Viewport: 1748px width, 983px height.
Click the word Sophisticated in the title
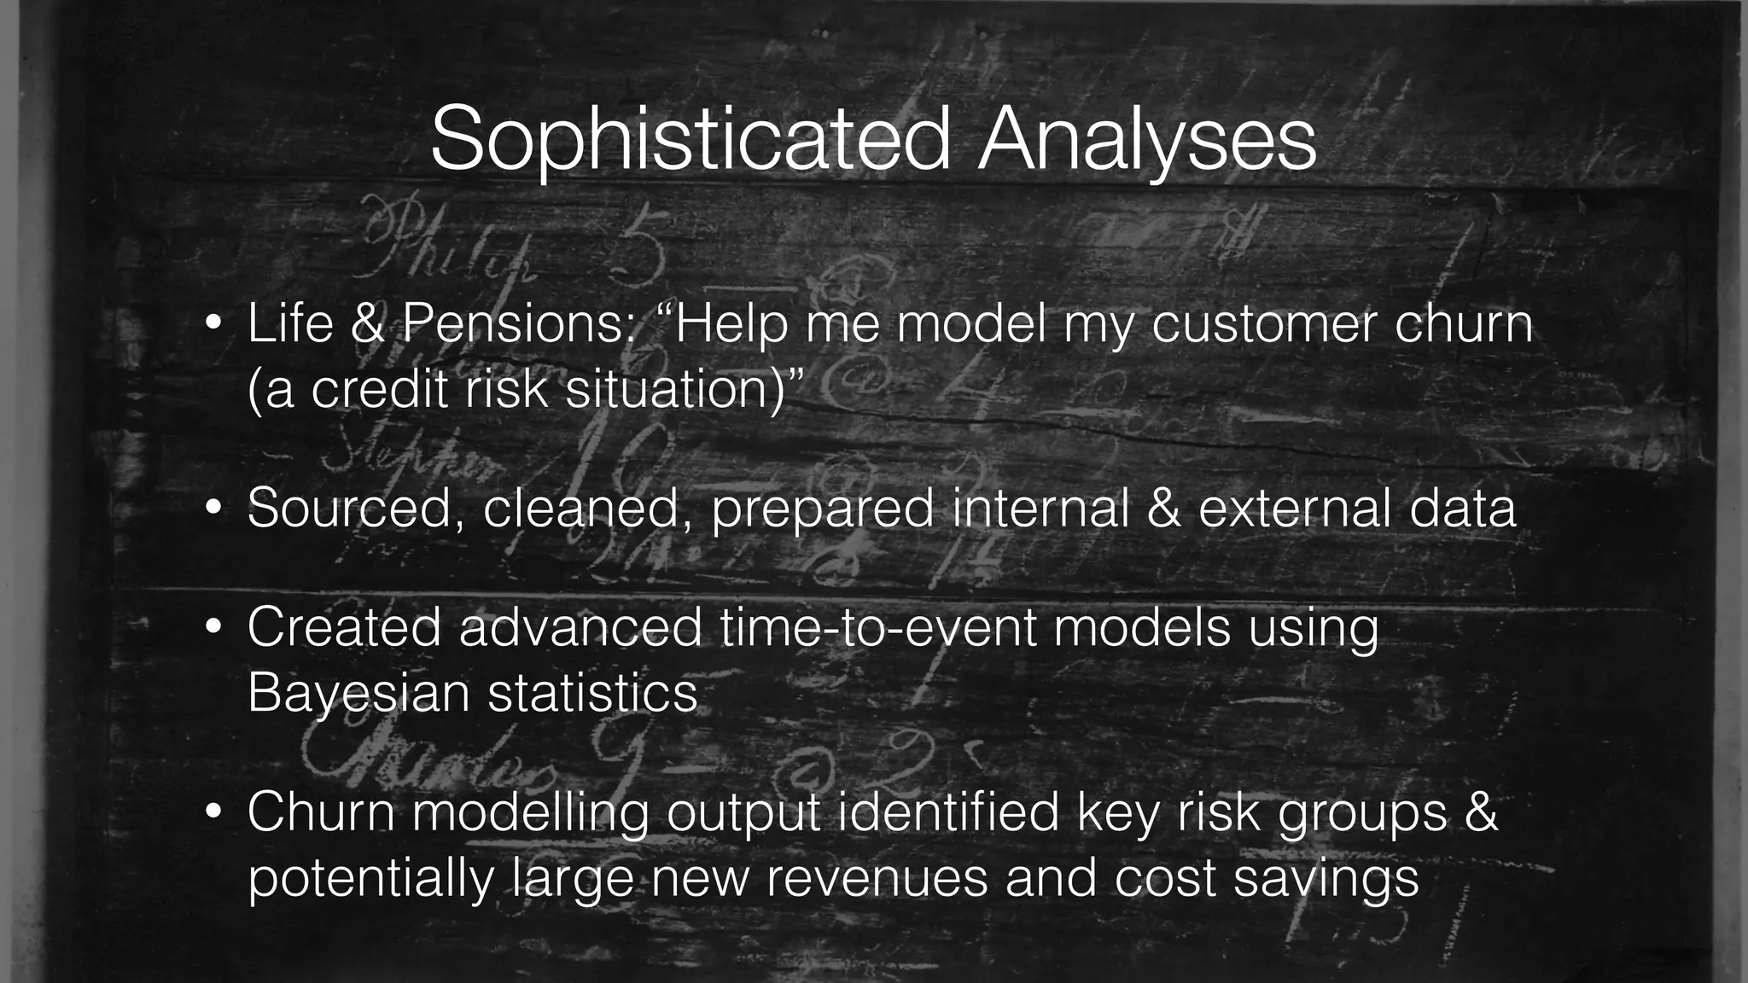point(690,139)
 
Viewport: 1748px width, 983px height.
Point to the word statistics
point(592,693)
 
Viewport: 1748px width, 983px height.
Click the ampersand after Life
point(368,324)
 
